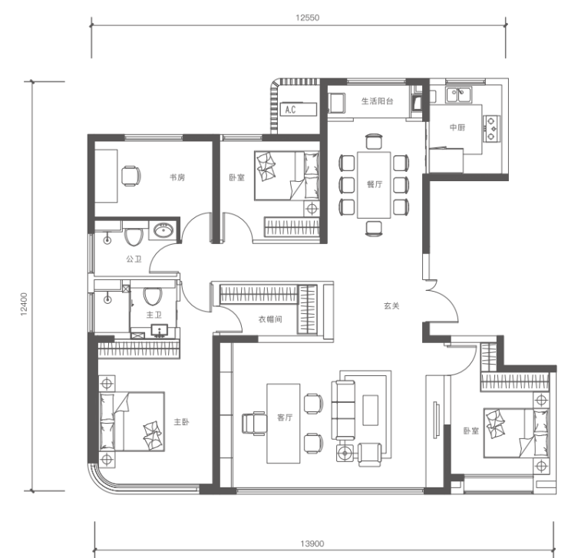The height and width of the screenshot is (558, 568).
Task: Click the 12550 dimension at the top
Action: pos(308,18)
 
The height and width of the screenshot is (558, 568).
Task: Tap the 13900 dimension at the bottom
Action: pos(312,543)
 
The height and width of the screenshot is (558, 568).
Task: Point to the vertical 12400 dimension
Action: pos(24,305)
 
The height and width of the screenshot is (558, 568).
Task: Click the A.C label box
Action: pos(299,110)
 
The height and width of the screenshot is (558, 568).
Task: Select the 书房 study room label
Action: pos(177,177)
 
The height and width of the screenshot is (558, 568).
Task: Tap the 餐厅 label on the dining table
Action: pos(375,184)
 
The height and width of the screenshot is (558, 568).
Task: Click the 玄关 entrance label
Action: pos(391,305)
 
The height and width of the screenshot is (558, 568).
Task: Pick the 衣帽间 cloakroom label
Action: pos(270,319)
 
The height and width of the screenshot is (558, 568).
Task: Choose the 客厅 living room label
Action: pos(285,418)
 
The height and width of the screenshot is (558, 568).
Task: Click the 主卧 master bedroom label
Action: pos(181,421)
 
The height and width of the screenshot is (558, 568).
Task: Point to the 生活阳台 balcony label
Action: pos(377,101)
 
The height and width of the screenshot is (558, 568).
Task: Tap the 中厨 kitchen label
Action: pos(457,127)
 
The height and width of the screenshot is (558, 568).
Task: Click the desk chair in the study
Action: pos(130,176)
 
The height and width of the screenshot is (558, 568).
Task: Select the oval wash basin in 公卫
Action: pos(163,229)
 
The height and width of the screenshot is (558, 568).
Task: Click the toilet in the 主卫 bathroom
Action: pos(153,296)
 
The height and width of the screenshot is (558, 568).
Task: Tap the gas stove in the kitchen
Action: pos(491,129)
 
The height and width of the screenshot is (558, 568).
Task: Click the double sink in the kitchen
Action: pos(458,94)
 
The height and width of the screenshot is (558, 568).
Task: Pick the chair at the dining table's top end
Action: pos(374,141)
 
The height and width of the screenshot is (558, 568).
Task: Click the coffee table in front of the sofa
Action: pos(371,410)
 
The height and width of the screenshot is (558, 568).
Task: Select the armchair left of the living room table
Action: pos(254,423)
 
